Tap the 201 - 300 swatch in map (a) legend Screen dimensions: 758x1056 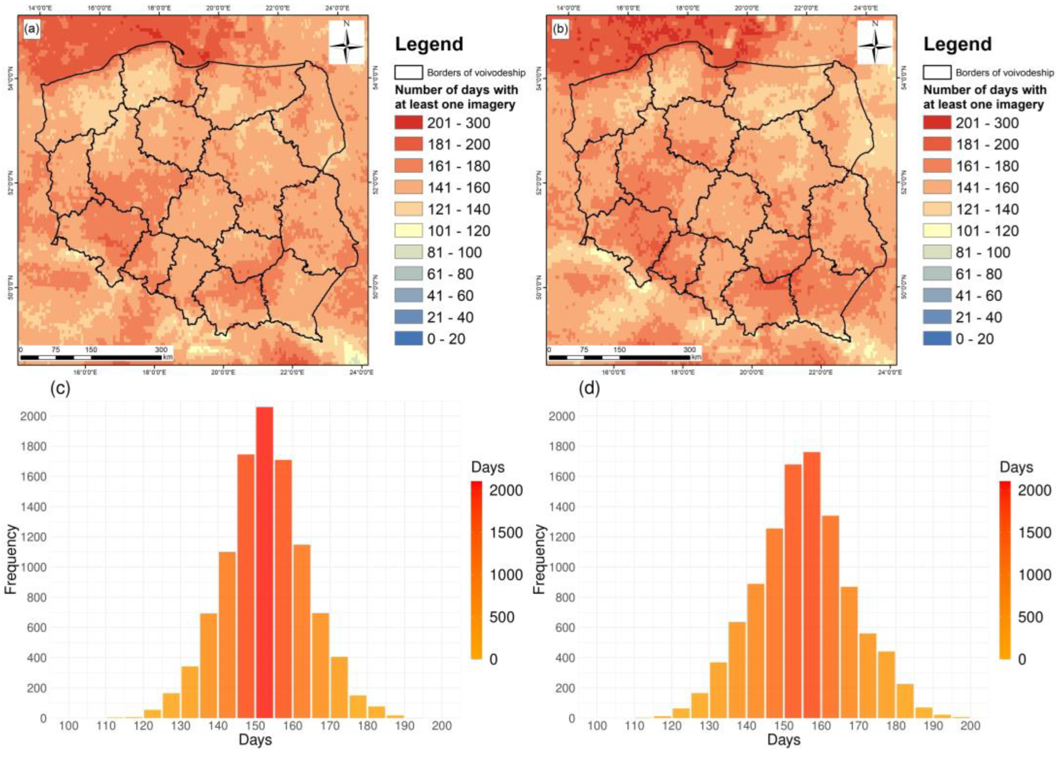(x=408, y=123)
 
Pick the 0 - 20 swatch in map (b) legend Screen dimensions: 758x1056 (x=937, y=339)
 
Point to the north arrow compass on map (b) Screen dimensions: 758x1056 (x=875, y=42)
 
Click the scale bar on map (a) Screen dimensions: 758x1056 (x=91, y=357)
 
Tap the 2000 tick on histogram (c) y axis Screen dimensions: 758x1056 (x=34, y=416)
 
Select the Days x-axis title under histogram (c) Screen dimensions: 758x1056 (x=255, y=740)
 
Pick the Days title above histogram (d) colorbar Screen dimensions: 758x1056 (x=1016, y=467)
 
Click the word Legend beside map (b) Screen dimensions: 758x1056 (x=957, y=44)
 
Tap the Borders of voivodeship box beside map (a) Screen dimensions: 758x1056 (x=408, y=72)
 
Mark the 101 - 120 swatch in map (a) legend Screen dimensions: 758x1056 (x=408, y=231)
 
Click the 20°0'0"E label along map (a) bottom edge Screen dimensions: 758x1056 (x=223, y=372)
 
